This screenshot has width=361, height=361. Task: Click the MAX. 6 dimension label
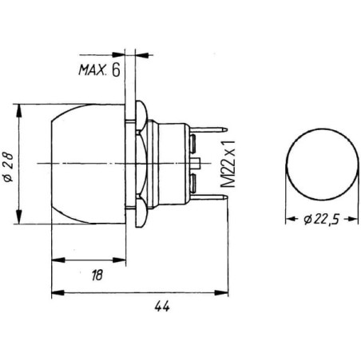tap(99, 70)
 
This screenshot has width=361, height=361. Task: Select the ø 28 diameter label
tap(8, 167)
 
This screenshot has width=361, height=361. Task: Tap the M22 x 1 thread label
tap(228, 163)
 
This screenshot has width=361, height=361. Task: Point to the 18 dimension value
tap(97, 275)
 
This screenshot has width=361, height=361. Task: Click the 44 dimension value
tap(162, 307)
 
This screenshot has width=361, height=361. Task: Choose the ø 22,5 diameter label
tap(322, 220)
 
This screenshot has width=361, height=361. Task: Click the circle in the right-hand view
tap(322, 129)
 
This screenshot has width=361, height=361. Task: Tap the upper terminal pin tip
tap(226, 130)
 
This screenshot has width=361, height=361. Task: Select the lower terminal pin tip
tap(226, 197)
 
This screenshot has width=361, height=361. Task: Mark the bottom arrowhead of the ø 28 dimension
tap(18, 217)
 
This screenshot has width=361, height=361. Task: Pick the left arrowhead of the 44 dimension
tap(58, 293)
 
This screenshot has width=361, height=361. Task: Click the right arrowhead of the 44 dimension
tap(221, 293)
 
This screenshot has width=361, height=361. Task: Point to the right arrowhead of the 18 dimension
tap(119, 260)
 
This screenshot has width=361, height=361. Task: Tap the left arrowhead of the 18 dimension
tap(58, 260)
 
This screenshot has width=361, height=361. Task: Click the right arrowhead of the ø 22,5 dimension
tap(352, 219)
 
